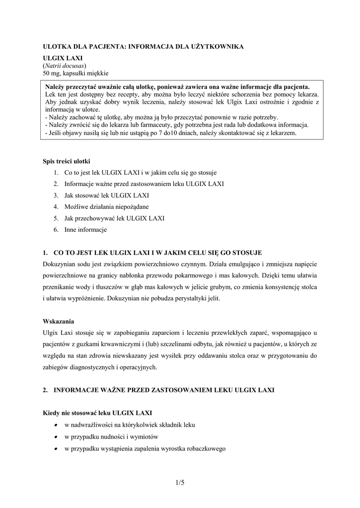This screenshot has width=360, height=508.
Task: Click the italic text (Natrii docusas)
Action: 65,65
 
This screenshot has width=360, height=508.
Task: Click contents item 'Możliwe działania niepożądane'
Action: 106,207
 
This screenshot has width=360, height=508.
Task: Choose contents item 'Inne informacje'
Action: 85,230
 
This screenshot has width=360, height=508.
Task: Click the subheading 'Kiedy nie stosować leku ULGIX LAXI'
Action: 97,413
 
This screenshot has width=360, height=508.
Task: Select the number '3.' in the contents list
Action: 56,195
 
